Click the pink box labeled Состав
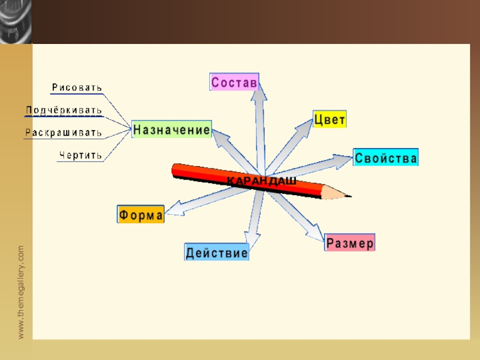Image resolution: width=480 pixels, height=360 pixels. click(x=234, y=82)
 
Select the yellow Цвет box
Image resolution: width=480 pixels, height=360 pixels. click(x=330, y=119)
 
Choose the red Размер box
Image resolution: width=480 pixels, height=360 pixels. click(x=350, y=242)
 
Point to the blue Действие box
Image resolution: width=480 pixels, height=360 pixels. click(x=217, y=252)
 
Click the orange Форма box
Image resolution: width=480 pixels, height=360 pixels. click(x=140, y=214)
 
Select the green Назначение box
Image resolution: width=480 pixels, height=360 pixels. click(x=171, y=129)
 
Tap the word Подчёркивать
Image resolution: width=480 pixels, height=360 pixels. click(x=64, y=111)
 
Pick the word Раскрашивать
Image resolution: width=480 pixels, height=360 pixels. click(x=64, y=133)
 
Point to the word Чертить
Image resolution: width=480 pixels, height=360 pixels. click(x=80, y=155)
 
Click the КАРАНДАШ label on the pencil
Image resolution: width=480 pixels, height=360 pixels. click(x=262, y=181)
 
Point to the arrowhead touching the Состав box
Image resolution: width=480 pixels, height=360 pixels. click(x=261, y=91)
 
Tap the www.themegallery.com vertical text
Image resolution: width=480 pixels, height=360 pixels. click(x=21, y=292)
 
